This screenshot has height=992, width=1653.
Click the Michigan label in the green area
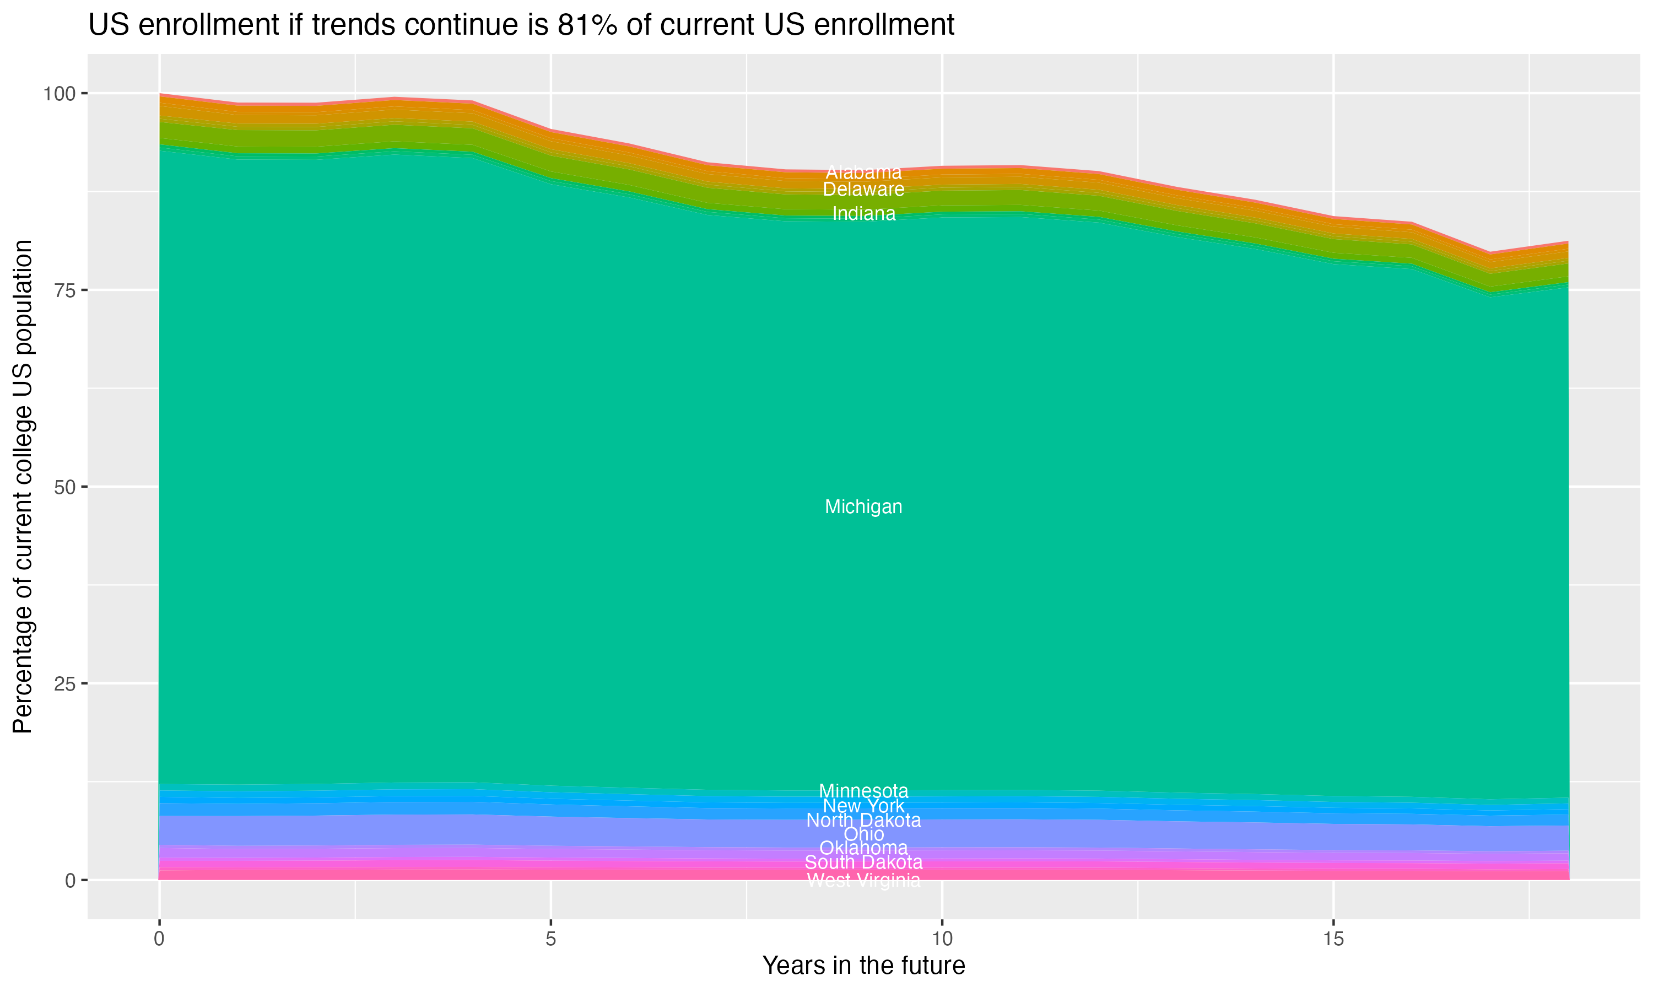(x=863, y=506)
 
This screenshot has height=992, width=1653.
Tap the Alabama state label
(x=863, y=172)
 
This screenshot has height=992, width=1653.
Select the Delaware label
(x=863, y=189)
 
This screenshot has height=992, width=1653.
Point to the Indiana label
(x=863, y=214)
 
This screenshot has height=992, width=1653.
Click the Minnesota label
(x=863, y=791)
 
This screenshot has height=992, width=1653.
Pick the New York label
(x=863, y=806)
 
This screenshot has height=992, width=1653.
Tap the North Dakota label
(x=863, y=820)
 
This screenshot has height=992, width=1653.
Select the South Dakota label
(x=863, y=862)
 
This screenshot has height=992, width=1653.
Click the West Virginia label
(x=863, y=880)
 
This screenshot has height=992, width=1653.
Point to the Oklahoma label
(x=863, y=848)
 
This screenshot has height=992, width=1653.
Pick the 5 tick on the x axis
(x=550, y=939)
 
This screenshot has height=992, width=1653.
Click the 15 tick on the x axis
(x=1333, y=939)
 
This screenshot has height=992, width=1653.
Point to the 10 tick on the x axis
(x=942, y=939)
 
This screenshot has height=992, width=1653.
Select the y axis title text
(x=23, y=487)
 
